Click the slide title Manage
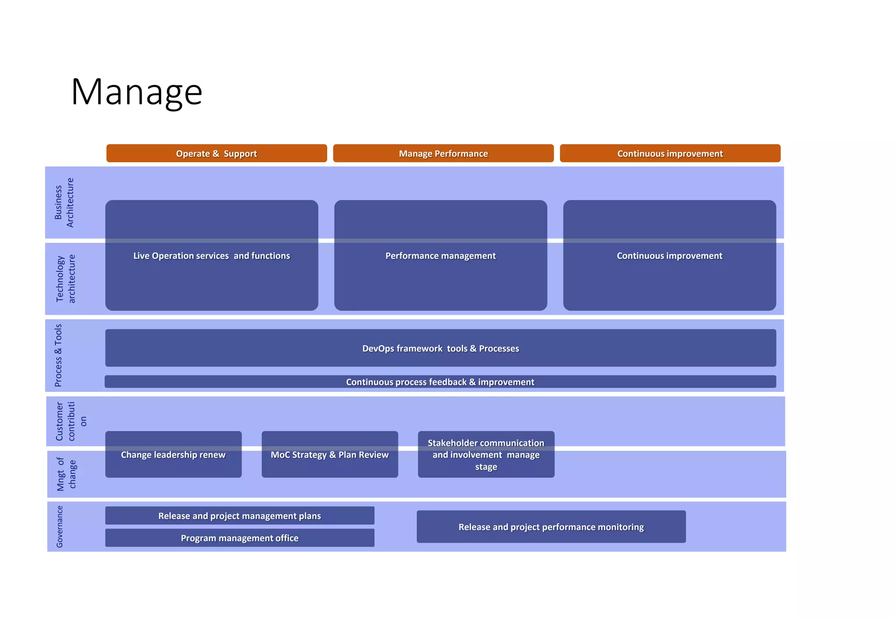coord(136,92)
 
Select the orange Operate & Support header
coord(216,154)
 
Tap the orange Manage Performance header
coord(443,154)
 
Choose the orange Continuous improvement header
coord(670,154)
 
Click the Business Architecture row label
coord(64,203)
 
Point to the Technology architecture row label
coord(66,279)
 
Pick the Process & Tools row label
coord(59,355)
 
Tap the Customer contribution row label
coord(70,421)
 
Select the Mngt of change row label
coord(66,474)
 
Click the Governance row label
coord(60,526)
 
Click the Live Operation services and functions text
coord(212,256)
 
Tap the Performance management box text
coord(441,256)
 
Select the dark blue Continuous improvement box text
coord(670,256)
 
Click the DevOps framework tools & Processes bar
coord(441,348)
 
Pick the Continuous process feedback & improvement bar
coord(440,382)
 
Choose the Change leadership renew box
coord(173,455)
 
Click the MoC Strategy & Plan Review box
coord(330,455)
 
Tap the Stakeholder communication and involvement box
coord(486,455)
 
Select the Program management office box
coord(239,538)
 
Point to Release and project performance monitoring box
coord(551,527)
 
